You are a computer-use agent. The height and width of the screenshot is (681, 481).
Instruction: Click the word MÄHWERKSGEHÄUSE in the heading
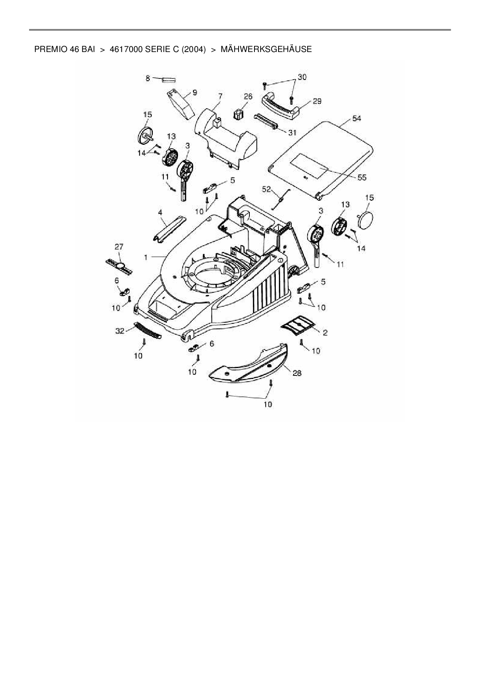266,49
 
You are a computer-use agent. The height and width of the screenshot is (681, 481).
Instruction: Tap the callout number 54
356,118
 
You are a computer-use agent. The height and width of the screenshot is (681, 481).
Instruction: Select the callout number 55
362,177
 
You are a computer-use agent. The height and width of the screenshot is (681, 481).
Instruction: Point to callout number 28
297,373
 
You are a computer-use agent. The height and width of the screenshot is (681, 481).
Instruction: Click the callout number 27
119,247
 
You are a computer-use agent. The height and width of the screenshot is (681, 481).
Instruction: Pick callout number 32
120,331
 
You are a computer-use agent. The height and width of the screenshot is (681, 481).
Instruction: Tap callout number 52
266,189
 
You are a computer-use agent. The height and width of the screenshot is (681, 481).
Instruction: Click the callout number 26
248,96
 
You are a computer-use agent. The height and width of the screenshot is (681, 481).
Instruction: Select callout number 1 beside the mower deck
146,257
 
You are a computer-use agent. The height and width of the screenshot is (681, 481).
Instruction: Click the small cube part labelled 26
238,114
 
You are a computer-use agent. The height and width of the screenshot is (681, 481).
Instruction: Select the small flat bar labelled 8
169,80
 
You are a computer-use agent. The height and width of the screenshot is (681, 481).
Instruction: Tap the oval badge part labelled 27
120,266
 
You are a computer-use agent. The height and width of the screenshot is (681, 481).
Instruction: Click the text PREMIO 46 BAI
64,49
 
